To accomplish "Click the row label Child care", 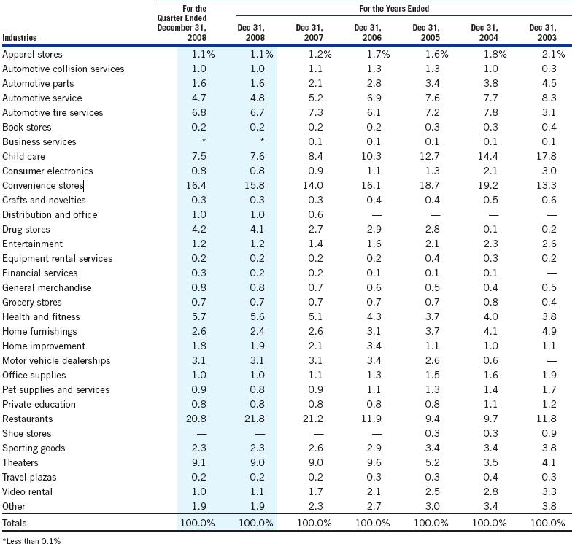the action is point(23,157).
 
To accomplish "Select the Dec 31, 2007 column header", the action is point(309,32).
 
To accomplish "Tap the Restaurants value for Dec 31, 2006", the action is point(371,419).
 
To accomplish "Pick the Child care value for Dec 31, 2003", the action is point(547,157).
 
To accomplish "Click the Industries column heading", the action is point(19,37).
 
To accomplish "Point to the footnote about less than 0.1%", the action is point(31,540).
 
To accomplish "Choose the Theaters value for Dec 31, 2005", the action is point(433,462).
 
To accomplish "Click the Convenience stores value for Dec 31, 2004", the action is point(488,185).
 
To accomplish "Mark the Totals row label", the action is point(15,523).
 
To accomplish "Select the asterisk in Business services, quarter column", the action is point(204,141).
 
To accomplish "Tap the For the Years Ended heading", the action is point(394,9).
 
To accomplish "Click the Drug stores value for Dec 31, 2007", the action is point(315,229).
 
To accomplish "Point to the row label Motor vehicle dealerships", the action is point(56,360).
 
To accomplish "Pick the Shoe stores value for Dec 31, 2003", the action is point(549,433).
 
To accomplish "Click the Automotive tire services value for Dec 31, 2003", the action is point(549,112).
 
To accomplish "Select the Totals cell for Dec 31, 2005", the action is point(431,523).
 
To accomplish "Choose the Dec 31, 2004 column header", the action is point(484,32).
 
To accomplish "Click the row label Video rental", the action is point(27,491).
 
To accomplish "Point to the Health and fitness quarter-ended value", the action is point(199,316).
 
